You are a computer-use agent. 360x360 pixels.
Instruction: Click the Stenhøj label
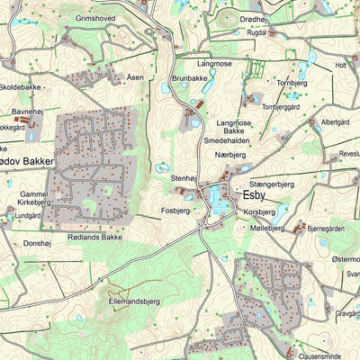point(184,179)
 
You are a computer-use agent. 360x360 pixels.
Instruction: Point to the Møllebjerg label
point(264,228)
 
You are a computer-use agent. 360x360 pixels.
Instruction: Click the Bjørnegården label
point(326,229)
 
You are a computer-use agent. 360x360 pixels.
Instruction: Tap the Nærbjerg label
point(230,155)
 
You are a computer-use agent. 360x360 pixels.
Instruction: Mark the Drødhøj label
point(254,18)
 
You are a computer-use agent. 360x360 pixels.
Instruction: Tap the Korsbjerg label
point(259,211)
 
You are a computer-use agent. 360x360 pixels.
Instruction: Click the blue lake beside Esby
point(216,202)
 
